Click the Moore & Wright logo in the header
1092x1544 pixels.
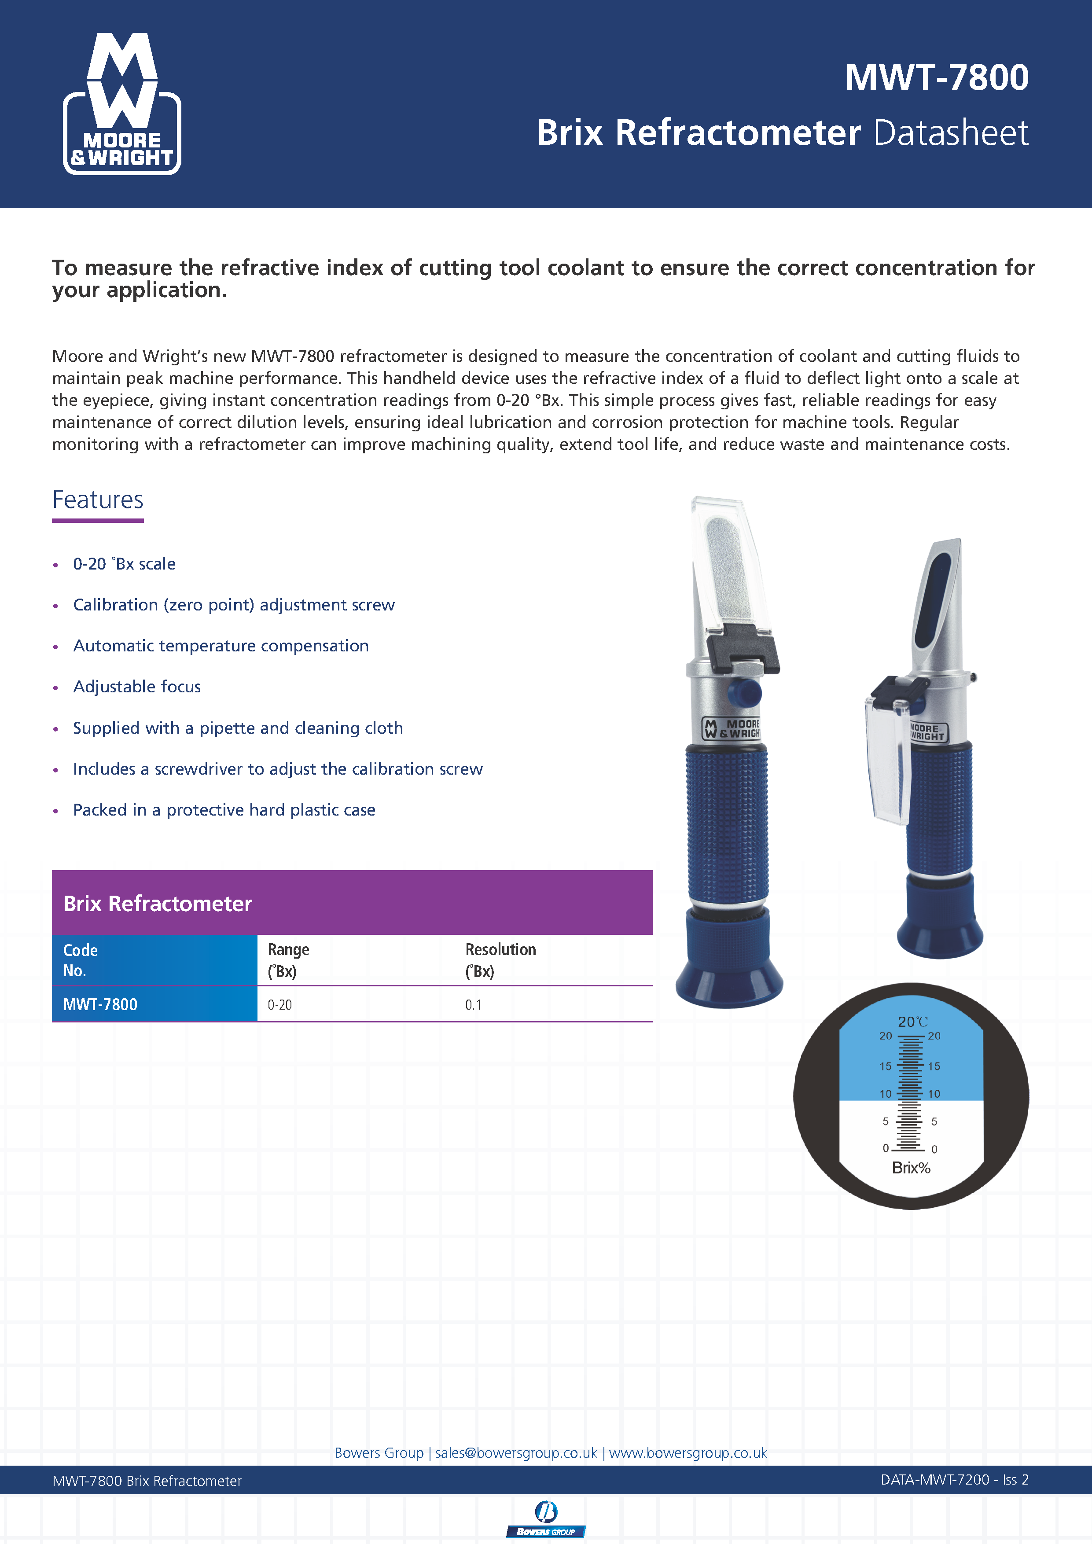click(122, 104)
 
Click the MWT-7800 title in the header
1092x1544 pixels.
click(936, 77)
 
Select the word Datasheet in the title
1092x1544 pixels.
click(950, 132)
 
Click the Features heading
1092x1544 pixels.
click(98, 500)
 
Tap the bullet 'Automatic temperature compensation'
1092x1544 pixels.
click(221, 646)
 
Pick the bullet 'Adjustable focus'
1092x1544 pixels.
click(136, 687)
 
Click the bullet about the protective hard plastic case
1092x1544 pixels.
click(224, 810)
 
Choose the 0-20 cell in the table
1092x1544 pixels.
click(280, 1005)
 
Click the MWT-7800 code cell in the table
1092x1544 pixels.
click(100, 1005)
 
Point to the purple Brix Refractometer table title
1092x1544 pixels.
click(157, 903)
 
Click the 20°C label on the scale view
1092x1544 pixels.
click(912, 1022)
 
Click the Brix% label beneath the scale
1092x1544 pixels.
click(911, 1168)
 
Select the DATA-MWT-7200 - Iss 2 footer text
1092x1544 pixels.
click(954, 1480)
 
